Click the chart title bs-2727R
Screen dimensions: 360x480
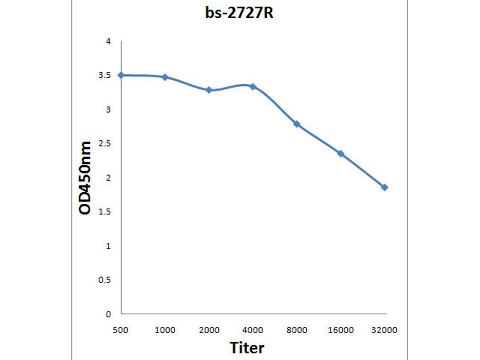tap(239, 13)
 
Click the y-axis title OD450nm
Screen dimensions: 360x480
tap(85, 178)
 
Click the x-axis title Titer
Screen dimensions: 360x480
tap(247, 347)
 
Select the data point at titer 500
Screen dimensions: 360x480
tap(121, 75)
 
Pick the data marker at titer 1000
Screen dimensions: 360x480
tap(165, 77)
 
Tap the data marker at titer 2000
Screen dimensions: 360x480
tap(209, 90)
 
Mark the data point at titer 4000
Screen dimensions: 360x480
tap(253, 86)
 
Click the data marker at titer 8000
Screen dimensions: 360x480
tap(296, 124)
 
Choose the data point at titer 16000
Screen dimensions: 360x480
tap(341, 154)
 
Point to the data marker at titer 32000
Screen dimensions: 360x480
tap(385, 187)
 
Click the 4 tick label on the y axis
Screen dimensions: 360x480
tap(109, 41)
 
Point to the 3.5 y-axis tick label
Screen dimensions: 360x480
tap(106, 76)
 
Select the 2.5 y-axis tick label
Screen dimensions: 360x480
tap(106, 144)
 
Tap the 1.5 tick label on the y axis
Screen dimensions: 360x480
tap(106, 212)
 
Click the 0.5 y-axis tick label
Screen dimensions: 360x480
tap(106, 280)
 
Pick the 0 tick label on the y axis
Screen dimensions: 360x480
tap(109, 314)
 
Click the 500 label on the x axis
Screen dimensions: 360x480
tap(121, 330)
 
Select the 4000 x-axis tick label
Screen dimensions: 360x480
tap(253, 330)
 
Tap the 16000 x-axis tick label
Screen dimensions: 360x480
tap(340, 330)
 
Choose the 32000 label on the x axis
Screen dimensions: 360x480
tap(385, 330)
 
